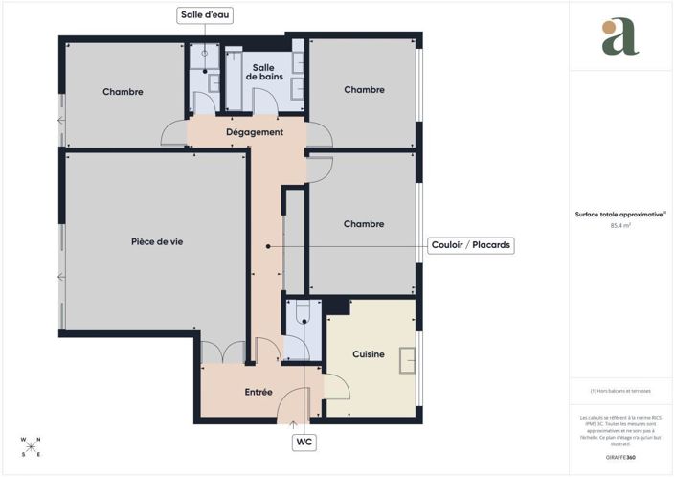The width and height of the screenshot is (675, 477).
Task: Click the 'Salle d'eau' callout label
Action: [205, 15]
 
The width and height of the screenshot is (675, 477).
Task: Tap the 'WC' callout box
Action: [304, 442]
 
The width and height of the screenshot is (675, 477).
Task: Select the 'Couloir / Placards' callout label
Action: [470, 246]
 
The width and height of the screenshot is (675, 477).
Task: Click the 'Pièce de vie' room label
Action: [157, 241]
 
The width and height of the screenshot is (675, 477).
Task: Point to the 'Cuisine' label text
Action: [369, 354]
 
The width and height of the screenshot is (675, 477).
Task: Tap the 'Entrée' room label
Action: [259, 392]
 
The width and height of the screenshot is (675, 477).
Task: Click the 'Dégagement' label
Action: [254, 132]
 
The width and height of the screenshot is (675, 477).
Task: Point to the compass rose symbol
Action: [31, 446]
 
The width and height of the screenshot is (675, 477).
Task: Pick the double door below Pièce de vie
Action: [223, 352]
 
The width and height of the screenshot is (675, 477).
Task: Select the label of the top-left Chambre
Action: [124, 92]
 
